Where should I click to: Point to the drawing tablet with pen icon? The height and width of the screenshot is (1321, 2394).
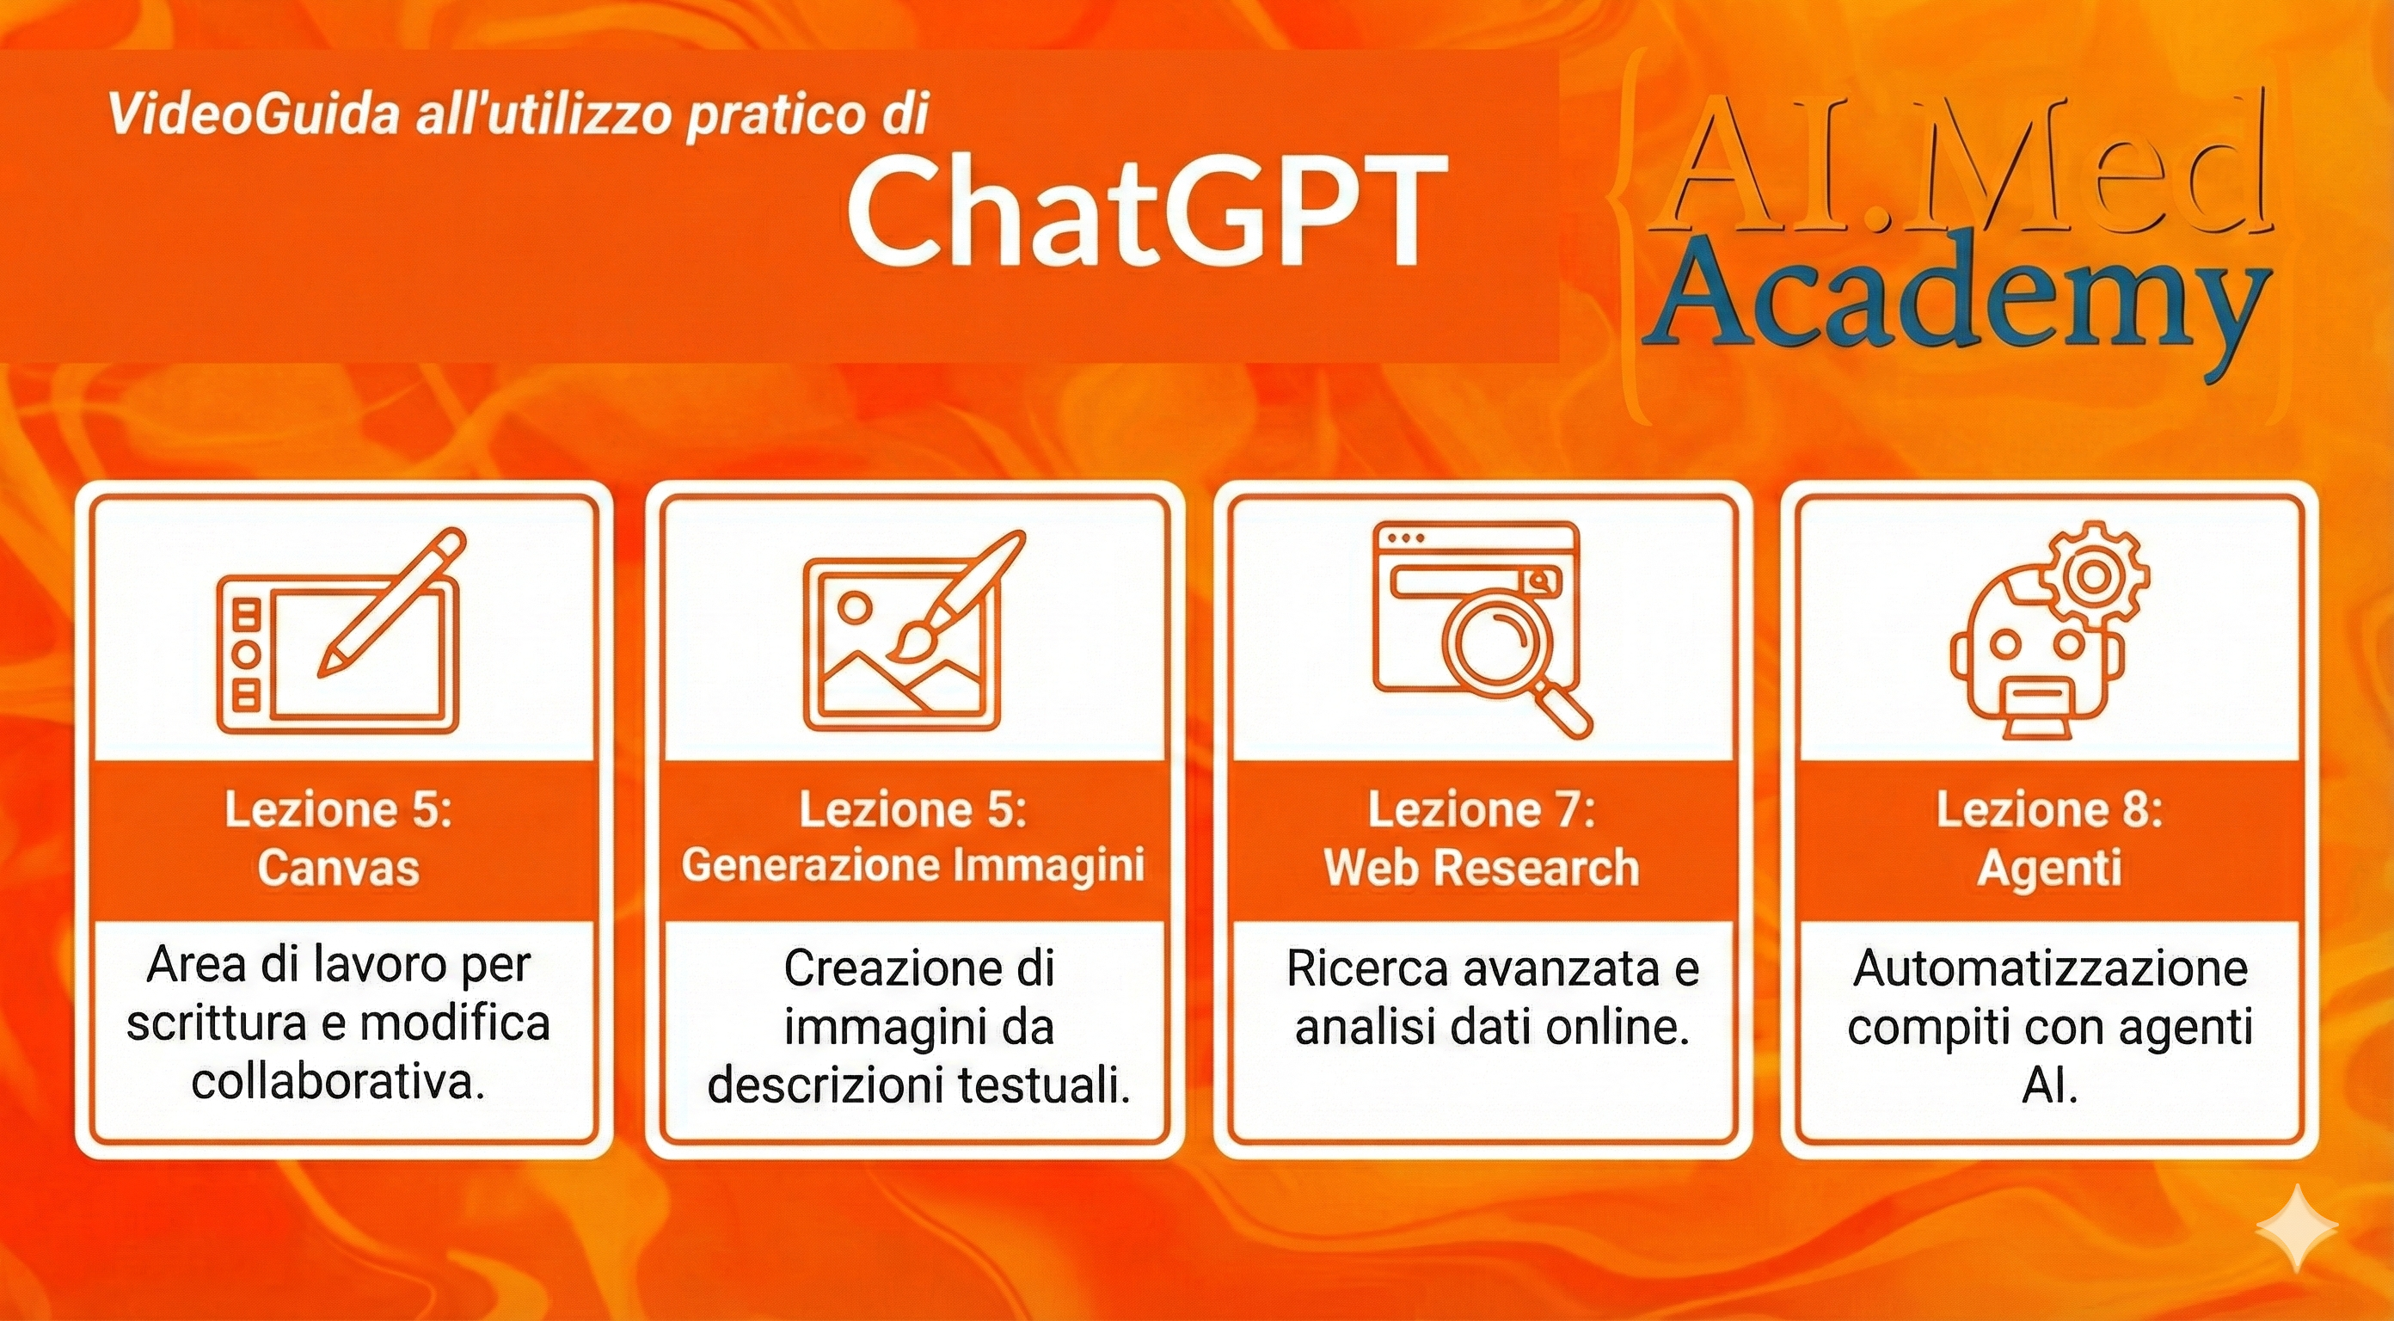[x=339, y=632]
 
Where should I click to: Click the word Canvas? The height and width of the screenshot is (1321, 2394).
[x=338, y=868]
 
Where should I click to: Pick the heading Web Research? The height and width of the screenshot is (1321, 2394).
[x=1482, y=868]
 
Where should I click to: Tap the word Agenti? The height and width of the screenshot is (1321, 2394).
[x=2049, y=869]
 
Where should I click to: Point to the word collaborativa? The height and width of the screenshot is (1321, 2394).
[x=338, y=1081]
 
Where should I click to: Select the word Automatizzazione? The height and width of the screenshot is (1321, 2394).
[x=2050, y=968]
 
